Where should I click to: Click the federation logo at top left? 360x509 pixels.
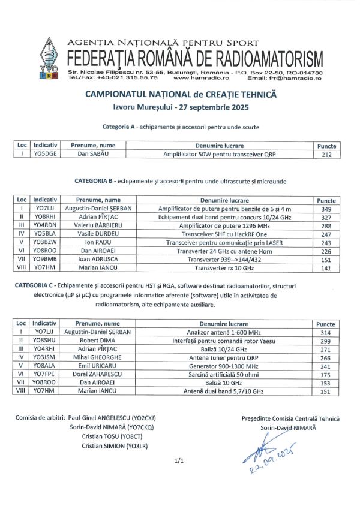tap(48, 59)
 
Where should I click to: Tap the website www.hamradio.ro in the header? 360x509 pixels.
tap(201, 78)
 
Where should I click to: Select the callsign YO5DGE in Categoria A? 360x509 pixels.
tap(45, 154)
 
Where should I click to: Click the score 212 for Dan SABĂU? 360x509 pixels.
tap(326, 154)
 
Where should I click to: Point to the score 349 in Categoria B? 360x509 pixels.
tap(326, 209)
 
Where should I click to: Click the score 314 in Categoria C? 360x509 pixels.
tap(326, 332)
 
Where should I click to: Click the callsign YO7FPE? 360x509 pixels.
tap(45, 374)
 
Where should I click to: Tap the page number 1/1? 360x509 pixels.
tap(178, 461)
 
